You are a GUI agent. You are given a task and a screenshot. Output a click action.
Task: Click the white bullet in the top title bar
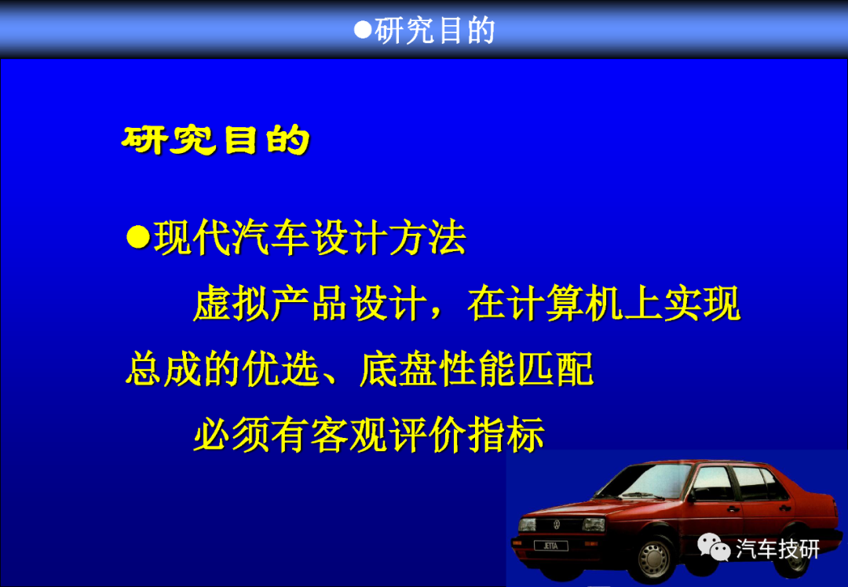click(362, 30)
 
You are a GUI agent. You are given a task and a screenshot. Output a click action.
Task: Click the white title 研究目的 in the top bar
click(435, 31)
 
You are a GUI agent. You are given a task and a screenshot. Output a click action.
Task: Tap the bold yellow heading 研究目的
click(215, 140)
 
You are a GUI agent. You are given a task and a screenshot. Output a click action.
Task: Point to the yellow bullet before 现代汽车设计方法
click(138, 237)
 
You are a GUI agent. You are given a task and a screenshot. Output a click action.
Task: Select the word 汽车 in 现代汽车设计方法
click(271, 238)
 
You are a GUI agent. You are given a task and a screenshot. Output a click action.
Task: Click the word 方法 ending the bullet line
click(427, 238)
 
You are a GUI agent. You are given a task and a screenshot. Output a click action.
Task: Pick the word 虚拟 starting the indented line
click(232, 304)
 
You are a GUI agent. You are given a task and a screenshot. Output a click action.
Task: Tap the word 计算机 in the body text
click(565, 304)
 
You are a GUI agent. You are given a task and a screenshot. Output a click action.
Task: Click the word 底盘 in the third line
click(399, 370)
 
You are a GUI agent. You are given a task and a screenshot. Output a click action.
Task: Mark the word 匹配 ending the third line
click(555, 370)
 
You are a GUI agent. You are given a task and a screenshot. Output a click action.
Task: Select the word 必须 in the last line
click(232, 435)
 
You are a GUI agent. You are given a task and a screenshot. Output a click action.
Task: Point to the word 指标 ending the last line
click(506, 435)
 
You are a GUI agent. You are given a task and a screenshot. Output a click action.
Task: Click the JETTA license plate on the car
click(550, 546)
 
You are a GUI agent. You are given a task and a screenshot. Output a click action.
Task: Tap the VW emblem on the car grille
click(557, 524)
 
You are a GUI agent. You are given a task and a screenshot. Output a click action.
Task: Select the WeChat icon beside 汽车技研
click(713, 548)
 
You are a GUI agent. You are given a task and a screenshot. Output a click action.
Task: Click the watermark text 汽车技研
click(777, 549)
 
